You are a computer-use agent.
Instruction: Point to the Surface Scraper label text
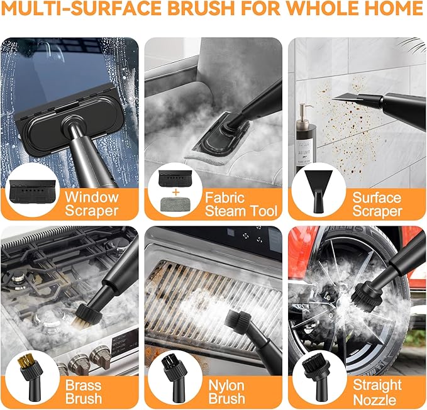377,203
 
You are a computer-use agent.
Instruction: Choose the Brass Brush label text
83,391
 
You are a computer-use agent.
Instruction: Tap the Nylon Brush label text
227,391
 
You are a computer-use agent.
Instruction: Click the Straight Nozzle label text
377,391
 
